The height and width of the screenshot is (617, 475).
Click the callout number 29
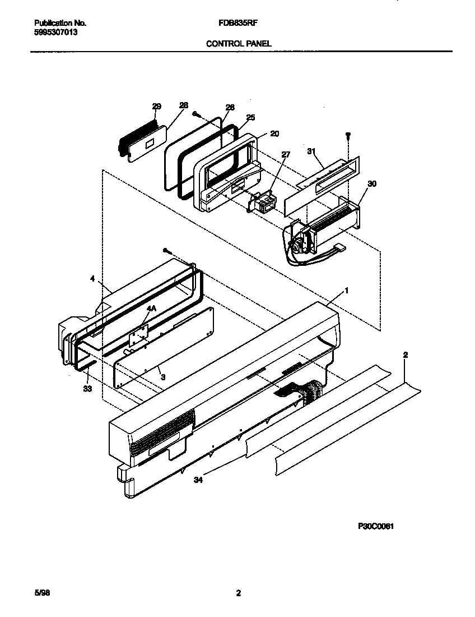(x=156, y=106)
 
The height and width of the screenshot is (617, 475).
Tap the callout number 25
(x=250, y=117)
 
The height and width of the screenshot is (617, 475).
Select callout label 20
(x=274, y=133)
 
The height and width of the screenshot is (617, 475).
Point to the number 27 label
(x=286, y=154)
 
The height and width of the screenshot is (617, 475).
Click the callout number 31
(x=312, y=151)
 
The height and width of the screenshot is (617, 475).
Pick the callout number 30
(x=371, y=183)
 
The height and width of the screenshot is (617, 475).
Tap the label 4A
(x=151, y=308)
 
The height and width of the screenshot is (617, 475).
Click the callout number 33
(x=87, y=388)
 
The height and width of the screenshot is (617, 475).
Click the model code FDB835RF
(x=237, y=23)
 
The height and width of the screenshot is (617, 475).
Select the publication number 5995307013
(x=56, y=33)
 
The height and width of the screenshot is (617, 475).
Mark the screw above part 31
(x=347, y=135)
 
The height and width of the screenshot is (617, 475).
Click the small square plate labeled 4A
(x=138, y=338)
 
